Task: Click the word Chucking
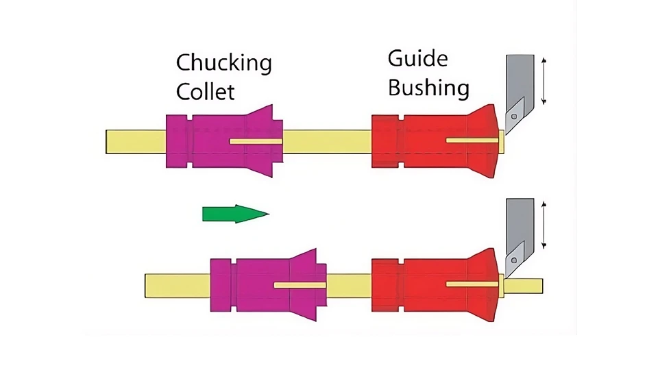pos(223,64)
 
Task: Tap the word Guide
pos(417,59)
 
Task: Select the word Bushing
pos(428,88)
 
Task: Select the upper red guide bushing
pos(411,141)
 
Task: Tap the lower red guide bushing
pos(411,284)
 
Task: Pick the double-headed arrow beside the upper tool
pos(544,82)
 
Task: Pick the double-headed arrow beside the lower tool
pos(544,225)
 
